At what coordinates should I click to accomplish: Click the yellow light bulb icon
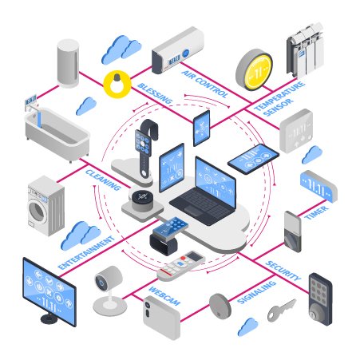tap(117, 84)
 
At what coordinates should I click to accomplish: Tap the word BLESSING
tap(155, 93)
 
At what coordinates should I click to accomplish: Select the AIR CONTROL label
tap(205, 84)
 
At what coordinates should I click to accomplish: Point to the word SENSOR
tap(278, 107)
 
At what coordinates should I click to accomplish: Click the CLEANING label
tap(103, 180)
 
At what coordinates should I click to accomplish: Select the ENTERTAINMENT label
tap(86, 252)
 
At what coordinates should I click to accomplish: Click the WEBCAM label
tap(164, 296)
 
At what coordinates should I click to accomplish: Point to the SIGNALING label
tap(256, 292)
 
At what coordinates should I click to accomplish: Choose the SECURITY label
tap(283, 271)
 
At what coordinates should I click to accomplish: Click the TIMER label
tap(316, 212)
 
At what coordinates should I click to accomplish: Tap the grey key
tap(281, 310)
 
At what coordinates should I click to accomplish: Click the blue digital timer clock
tap(318, 186)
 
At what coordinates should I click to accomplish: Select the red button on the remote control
tap(183, 259)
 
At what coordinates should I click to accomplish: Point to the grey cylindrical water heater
tap(68, 63)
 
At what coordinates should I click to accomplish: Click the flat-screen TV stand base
tap(49, 318)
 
